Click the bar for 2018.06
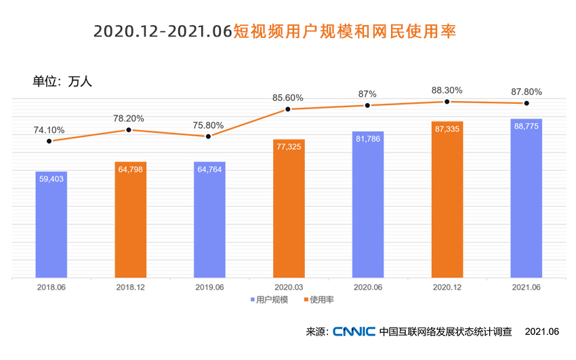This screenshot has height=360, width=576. [x=52, y=224]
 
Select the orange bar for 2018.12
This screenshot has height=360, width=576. [x=131, y=220]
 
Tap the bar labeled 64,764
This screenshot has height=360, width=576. [x=209, y=220]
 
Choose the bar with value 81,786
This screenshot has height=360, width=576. [x=368, y=205]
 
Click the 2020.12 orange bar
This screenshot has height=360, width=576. [x=447, y=200]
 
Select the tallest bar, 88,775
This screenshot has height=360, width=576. [x=527, y=199]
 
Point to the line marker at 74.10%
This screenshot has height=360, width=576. [x=52, y=141]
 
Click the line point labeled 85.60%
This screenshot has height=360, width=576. [x=289, y=109]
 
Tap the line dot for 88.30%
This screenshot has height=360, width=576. [x=447, y=102]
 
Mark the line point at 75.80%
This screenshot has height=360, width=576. [x=209, y=136]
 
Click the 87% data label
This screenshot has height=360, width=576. [x=368, y=94]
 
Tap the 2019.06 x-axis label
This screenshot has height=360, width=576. [x=209, y=287]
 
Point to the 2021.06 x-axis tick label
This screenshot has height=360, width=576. [x=527, y=287]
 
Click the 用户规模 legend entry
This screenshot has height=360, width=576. [x=269, y=299]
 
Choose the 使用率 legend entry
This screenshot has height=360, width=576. [x=322, y=299]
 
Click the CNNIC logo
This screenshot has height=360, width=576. [x=354, y=332]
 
